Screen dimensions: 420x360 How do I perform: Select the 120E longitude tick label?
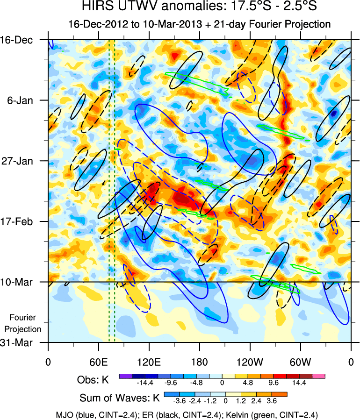(x=149, y=362)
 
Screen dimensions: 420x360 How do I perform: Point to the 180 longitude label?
(x=200, y=362)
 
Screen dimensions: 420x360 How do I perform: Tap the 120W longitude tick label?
(x=250, y=362)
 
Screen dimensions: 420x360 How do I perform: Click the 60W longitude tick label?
(x=301, y=362)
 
